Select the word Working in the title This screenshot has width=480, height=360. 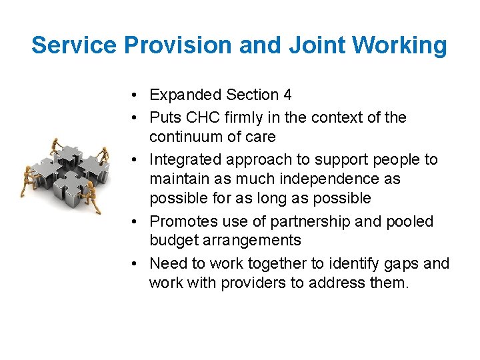pos(400,45)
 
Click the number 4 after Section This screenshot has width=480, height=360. pos(287,95)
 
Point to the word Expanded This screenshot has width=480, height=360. pos(185,95)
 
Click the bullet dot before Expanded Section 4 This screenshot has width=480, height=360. pos(135,95)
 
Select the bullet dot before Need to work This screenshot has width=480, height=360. pos(135,263)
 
